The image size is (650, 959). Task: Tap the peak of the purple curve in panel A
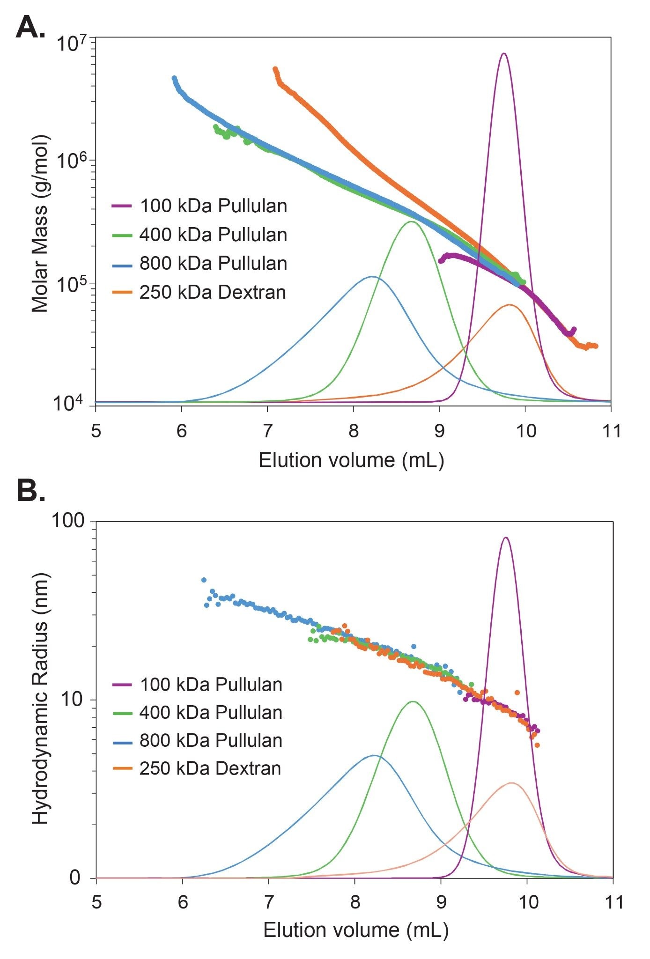coord(504,54)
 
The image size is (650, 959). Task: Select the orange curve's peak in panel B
coord(511,782)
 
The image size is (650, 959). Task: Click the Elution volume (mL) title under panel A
coord(351,460)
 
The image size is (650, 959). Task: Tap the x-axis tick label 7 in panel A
coord(267,430)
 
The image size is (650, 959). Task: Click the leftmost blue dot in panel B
coord(204,580)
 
